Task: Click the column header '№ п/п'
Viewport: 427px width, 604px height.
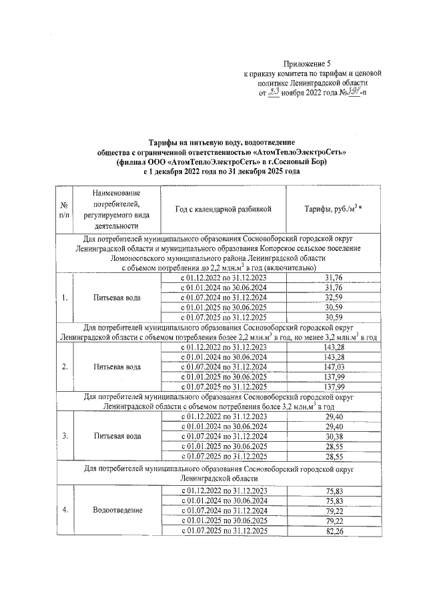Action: click(x=64, y=209)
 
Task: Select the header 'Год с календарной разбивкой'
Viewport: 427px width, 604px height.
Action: click(x=224, y=209)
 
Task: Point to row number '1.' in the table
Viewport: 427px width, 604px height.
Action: click(x=64, y=298)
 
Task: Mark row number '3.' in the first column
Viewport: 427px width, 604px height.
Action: click(x=64, y=436)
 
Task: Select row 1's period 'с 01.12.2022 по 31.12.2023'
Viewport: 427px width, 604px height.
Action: click(x=224, y=277)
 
